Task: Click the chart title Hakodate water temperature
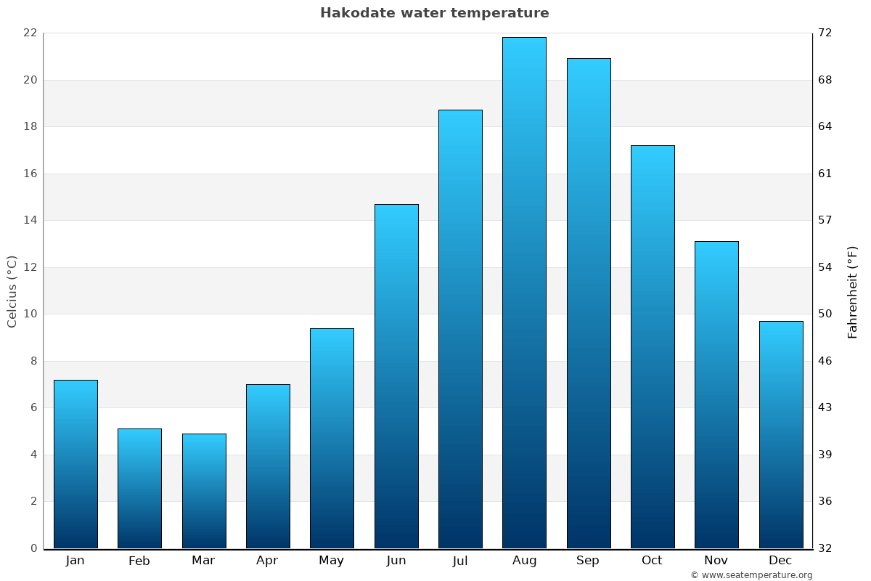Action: [x=434, y=13]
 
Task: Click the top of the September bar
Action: [x=588, y=60]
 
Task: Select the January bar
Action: [x=75, y=464]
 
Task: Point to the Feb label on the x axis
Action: [x=139, y=561]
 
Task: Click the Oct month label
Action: [x=652, y=561]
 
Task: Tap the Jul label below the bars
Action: [x=460, y=561]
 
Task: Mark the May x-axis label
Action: [x=332, y=561]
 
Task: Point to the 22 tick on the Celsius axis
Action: [x=30, y=33]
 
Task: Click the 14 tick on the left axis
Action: [x=30, y=220]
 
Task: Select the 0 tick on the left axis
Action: [x=33, y=548]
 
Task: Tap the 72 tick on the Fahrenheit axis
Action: [x=825, y=33]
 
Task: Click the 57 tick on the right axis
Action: [x=825, y=220]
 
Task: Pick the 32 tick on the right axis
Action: [x=825, y=548]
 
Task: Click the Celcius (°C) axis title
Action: [x=12, y=291]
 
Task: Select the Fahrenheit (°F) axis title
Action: [x=853, y=291]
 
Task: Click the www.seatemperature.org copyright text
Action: [x=751, y=575]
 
